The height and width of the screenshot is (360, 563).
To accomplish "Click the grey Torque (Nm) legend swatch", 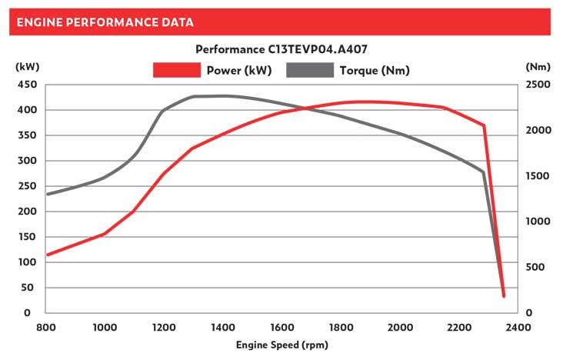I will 311,70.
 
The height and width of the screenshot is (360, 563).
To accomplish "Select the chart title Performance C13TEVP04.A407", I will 281,49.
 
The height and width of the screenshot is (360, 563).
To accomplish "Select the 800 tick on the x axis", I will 46,327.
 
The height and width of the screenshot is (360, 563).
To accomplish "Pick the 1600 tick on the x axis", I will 282,327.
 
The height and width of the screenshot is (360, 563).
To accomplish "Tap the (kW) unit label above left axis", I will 27,67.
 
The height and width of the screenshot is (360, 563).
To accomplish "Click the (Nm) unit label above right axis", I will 537,67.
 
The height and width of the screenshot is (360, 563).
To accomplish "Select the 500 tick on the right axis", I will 537,267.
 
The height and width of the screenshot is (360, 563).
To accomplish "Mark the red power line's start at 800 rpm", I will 47,255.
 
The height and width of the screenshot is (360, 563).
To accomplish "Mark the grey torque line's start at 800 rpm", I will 47,194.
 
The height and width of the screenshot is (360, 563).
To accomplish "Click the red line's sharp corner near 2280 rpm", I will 484,125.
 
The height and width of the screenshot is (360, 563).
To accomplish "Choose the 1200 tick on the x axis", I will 165,327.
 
